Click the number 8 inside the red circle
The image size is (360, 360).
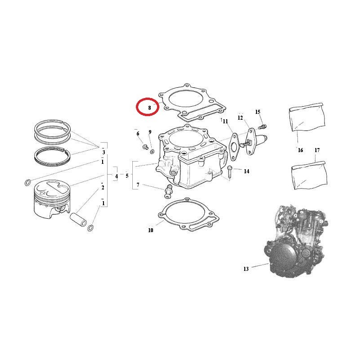149,108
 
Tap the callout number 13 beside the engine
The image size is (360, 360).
246,269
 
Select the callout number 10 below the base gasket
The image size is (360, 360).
150,230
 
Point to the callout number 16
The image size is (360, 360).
300,150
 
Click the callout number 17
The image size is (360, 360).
317,150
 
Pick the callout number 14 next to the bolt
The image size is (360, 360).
247,171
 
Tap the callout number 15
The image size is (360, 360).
258,112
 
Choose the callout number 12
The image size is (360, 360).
240,118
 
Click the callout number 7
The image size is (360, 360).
138,185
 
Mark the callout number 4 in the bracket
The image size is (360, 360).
117,176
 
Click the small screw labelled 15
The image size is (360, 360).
263,126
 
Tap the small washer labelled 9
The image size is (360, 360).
152,152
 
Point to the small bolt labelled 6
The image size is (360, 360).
145,147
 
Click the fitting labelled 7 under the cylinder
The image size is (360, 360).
167,191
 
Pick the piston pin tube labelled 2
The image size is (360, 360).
78,219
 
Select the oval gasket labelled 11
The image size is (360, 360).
234,147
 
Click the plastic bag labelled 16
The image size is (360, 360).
307,117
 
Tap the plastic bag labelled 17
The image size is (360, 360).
309,175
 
